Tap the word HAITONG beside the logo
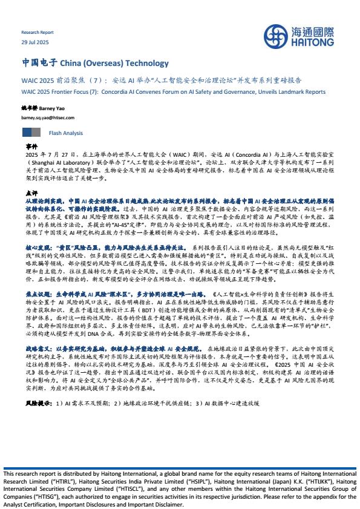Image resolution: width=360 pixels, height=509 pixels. point(314,42)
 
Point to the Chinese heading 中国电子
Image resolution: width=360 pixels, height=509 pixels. point(39,63)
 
